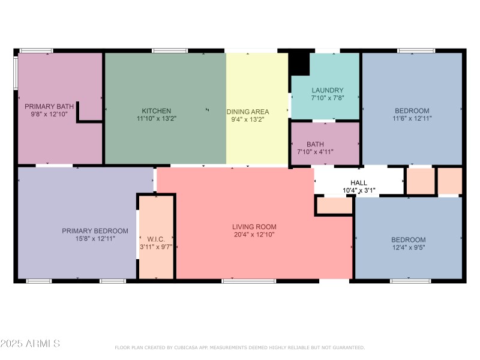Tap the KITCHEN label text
pos(156,111)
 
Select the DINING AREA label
pos(247,112)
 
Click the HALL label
pos(359,183)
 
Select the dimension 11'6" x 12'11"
pos(412,119)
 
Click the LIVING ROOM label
pos(254,227)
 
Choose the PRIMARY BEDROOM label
pos(95,231)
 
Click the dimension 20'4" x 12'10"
pos(254,235)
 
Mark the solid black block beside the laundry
pos(298,63)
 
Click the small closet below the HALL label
pos(334,205)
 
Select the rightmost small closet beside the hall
pos(449,181)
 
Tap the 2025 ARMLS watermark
pos(30,344)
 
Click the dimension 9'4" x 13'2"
pos(247,119)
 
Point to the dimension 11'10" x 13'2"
pos(156,119)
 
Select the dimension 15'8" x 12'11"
pos(95,239)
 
